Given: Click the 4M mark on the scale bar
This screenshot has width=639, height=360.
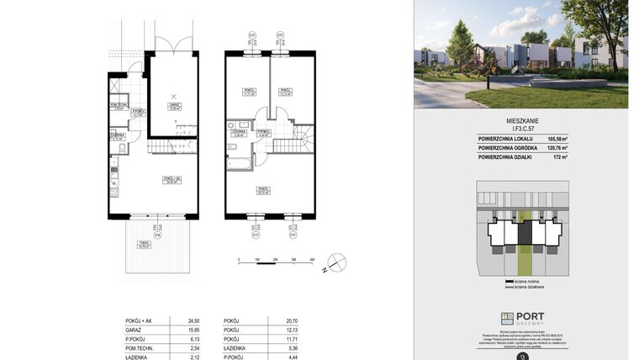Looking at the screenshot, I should (x=312, y=261).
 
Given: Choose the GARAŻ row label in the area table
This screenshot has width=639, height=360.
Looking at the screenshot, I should (x=122, y=330).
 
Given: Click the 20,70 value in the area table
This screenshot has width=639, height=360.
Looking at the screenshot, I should (x=293, y=320).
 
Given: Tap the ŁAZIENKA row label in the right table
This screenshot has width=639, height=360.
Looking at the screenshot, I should (x=235, y=347).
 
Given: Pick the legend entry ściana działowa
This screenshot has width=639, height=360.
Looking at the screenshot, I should (x=530, y=287).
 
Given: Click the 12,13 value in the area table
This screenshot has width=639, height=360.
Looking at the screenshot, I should (x=293, y=330).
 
